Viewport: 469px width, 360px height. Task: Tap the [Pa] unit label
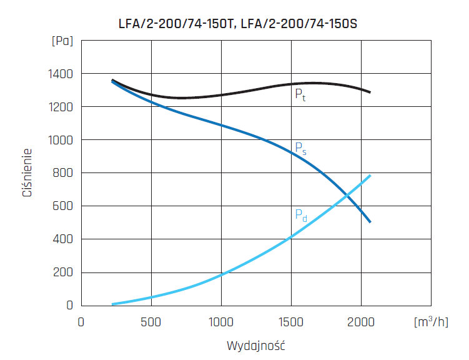point(62,41)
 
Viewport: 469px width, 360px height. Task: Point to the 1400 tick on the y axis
point(61,74)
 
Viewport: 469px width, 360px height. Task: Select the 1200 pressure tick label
point(61,107)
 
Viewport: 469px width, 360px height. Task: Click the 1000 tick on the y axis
point(61,140)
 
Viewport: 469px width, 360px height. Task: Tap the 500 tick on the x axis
point(151,322)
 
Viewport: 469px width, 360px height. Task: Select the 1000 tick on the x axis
point(221,322)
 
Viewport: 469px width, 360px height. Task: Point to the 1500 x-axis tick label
point(291,322)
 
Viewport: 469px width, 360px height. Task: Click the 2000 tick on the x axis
point(362,322)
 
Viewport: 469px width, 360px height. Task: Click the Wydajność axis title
point(256,344)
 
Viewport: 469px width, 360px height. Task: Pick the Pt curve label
point(300,96)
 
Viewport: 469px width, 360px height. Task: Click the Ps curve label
point(300,149)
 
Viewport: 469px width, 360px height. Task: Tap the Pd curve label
point(300,216)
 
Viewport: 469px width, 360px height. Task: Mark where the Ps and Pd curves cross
point(347,197)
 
